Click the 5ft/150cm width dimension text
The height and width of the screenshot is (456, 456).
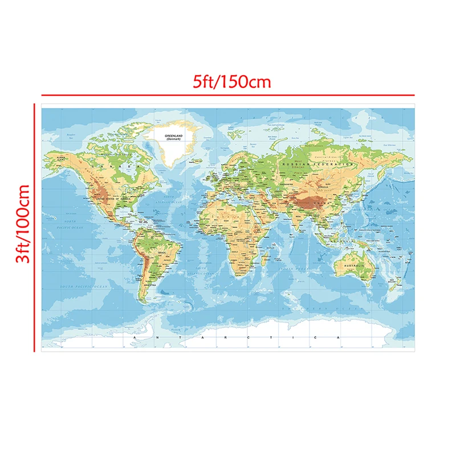point(231,82)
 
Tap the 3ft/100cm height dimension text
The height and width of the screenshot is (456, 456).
point(22,224)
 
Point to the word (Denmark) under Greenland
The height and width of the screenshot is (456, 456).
point(173,140)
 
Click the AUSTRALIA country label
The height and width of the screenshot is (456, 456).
point(352,266)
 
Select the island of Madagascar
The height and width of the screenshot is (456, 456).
point(264,263)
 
